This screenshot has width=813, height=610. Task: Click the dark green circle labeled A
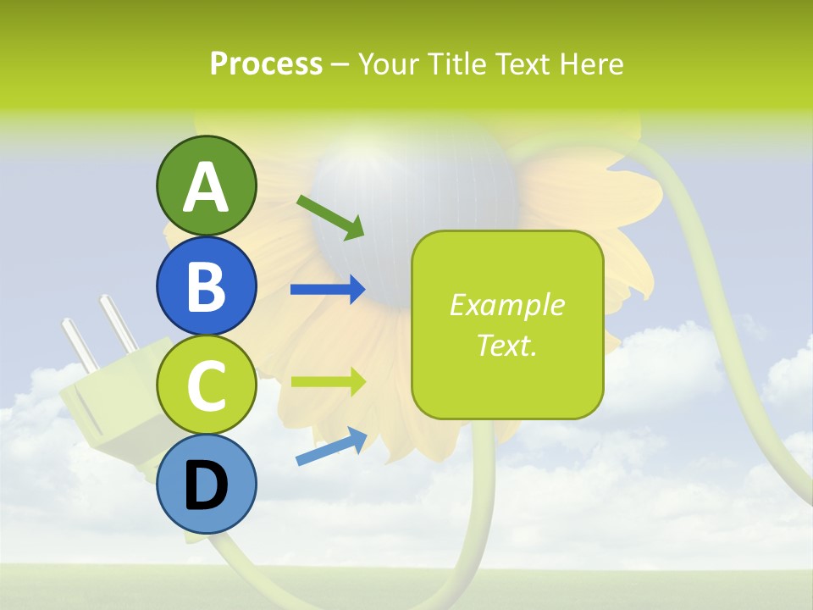[x=206, y=186]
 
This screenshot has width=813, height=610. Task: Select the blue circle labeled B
[x=206, y=286]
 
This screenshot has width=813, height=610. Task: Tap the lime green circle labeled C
[x=206, y=385]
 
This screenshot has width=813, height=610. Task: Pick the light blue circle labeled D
[x=206, y=484]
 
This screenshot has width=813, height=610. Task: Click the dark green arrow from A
[x=330, y=217]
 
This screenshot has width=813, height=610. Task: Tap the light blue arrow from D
[x=331, y=446]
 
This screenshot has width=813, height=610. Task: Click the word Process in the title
[x=266, y=64]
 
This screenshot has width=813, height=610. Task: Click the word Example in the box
[x=507, y=305]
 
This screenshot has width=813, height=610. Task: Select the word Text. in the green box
[x=507, y=345]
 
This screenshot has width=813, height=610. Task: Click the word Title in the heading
[x=454, y=64]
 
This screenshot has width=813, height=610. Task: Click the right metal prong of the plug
[x=119, y=323]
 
